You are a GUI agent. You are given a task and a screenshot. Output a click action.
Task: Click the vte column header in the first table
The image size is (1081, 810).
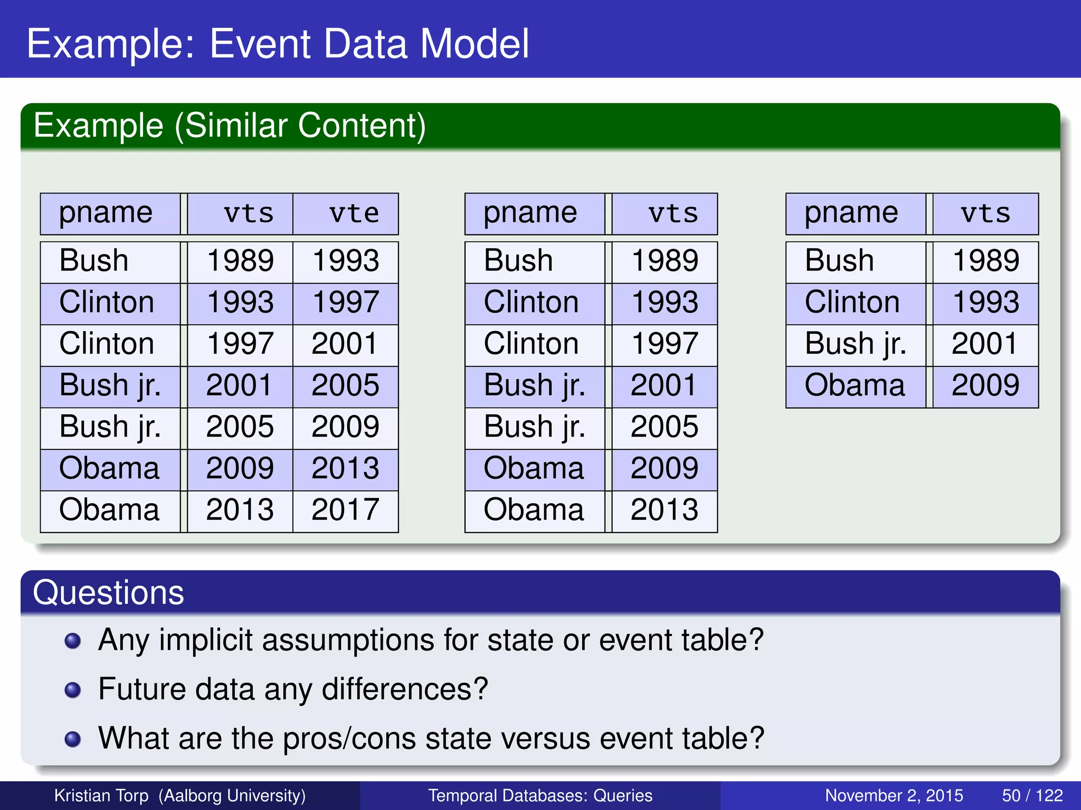pyautogui.click(x=354, y=214)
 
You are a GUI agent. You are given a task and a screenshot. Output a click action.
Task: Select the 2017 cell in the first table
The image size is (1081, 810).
pyautogui.click(x=345, y=510)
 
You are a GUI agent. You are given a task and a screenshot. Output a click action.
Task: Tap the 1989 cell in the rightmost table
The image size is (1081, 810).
pyautogui.click(x=985, y=261)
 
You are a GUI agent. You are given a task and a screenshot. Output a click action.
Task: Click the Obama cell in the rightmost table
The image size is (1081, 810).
pyautogui.click(x=855, y=385)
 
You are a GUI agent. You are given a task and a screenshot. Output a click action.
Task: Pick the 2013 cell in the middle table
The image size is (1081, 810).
pyautogui.click(x=664, y=510)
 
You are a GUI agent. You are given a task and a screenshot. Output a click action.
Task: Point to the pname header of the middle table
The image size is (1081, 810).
pyautogui.click(x=530, y=213)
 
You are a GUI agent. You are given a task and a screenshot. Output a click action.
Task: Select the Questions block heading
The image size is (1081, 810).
pyautogui.click(x=108, y=593)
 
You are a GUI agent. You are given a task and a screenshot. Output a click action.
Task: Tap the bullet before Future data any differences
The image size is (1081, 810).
pyautogui.click(x=72, y=690)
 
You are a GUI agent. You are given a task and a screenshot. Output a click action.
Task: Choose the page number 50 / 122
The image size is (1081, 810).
pyautogui.click(x=1032, y=795)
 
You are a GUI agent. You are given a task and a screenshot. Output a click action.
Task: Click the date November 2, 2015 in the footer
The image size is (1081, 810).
pyautogui.click(x=894, y=795)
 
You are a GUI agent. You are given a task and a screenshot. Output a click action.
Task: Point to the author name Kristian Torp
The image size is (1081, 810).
pyautogui.click(x=101, y=795)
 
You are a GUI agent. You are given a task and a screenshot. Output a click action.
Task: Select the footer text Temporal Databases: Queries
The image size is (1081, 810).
pyautogui.click(x=540, y=795)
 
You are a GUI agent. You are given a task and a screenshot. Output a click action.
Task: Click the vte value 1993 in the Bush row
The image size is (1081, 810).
pyautogui.click(x=345, y=261)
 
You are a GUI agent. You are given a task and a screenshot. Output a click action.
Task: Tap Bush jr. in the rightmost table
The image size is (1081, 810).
pyautogui.click(x=855, y=344)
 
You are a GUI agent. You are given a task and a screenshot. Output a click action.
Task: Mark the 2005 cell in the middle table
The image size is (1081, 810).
pyautogui.click(x=664, y=427)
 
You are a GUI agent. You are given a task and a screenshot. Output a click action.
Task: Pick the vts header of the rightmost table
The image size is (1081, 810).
pyautogui.click(x=985, y=214)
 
